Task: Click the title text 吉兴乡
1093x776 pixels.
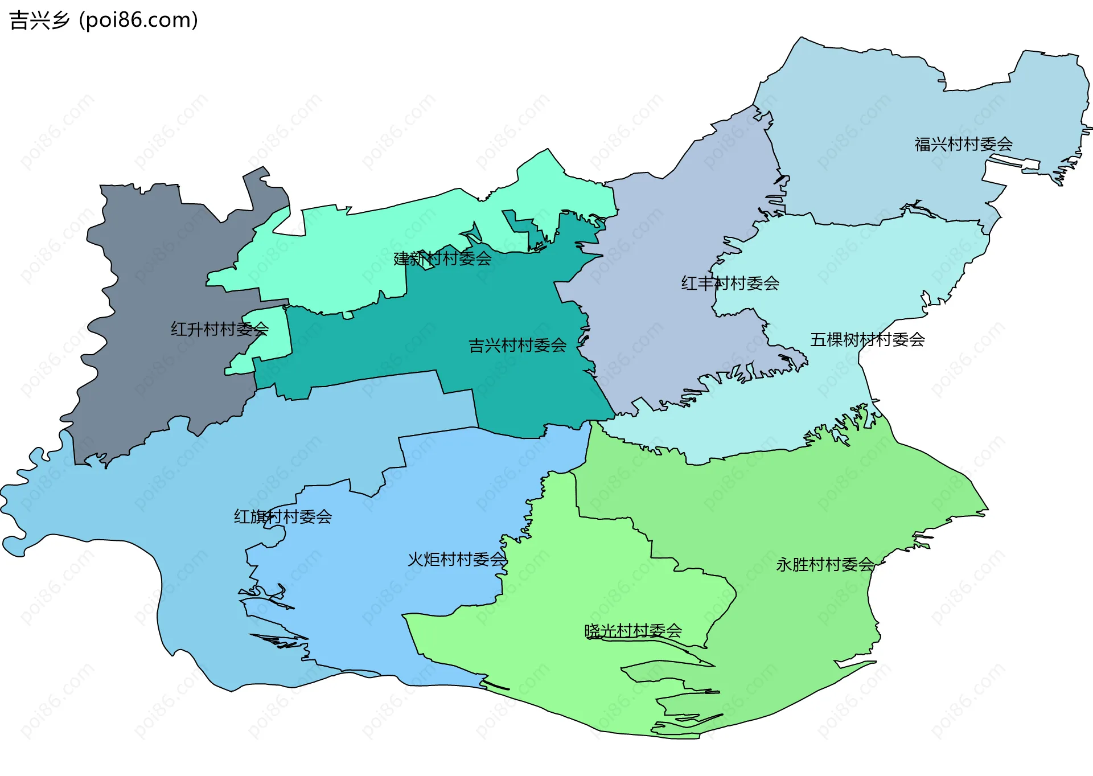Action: (39, 20)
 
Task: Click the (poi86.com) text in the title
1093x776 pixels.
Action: (138, 20)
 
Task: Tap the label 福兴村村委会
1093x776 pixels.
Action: (963, 144)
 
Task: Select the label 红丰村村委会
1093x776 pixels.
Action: (730, 283)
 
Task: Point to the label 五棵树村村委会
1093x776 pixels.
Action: (867, 340)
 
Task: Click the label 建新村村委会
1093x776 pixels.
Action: (442, 258)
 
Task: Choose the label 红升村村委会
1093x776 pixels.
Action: (220, 329)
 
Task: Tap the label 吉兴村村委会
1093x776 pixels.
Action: (517, 346)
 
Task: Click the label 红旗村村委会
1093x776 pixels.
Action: (283, 517)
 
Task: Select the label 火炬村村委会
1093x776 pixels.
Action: (457, 560)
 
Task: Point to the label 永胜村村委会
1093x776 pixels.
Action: (825, 565)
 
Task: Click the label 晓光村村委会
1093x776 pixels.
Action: (633, 631)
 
